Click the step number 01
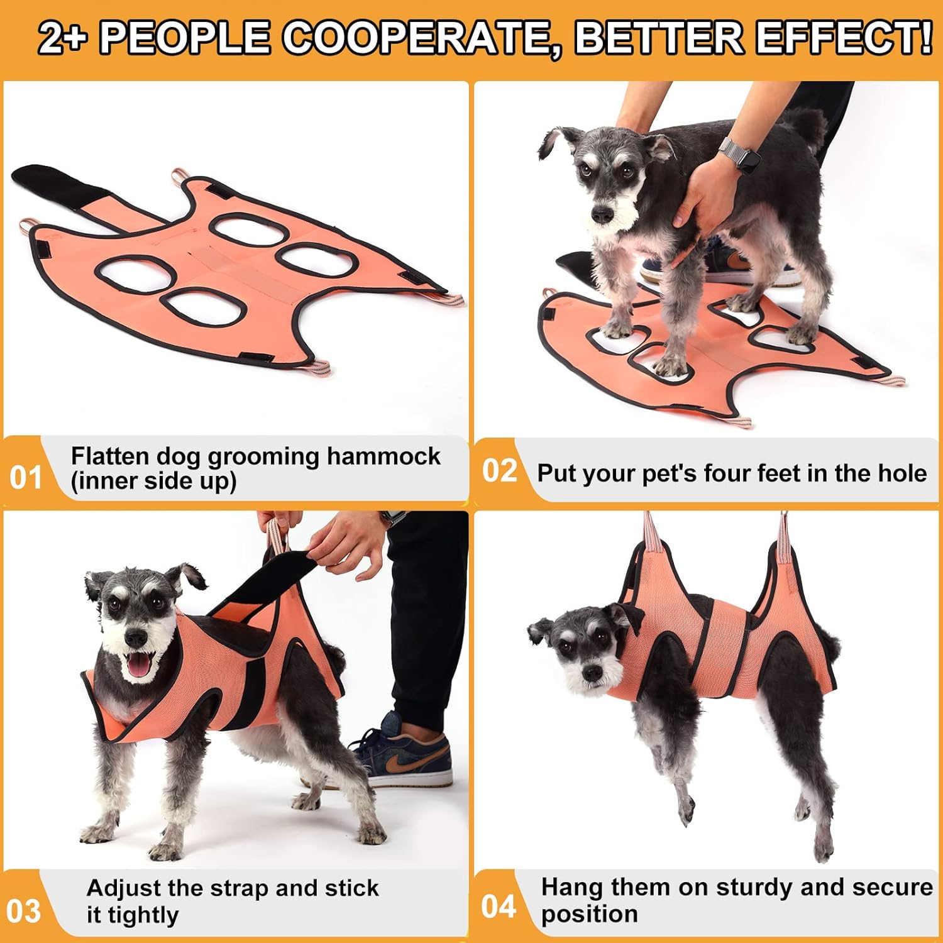[26, 477]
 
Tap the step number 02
[499, 470]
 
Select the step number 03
[23, 911]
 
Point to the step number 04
[499, 906]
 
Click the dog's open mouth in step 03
[140, 663]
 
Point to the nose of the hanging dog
[592, 673]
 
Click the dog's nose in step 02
[602, 216]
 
